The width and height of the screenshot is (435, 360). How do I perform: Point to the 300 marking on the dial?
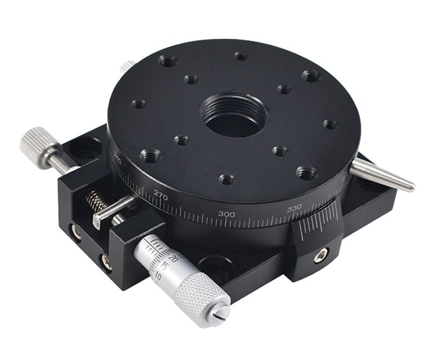pos(227,214)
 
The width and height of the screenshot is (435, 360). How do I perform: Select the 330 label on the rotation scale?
pos(294,209)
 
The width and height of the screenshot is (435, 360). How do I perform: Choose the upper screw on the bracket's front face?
pos(77,232)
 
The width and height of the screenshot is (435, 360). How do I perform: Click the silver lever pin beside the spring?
pos(113,209)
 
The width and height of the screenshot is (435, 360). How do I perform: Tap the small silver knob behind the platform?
pos(127,67)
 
